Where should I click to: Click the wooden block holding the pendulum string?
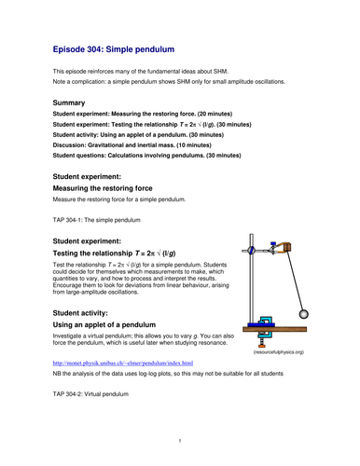[x=286, y=245]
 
